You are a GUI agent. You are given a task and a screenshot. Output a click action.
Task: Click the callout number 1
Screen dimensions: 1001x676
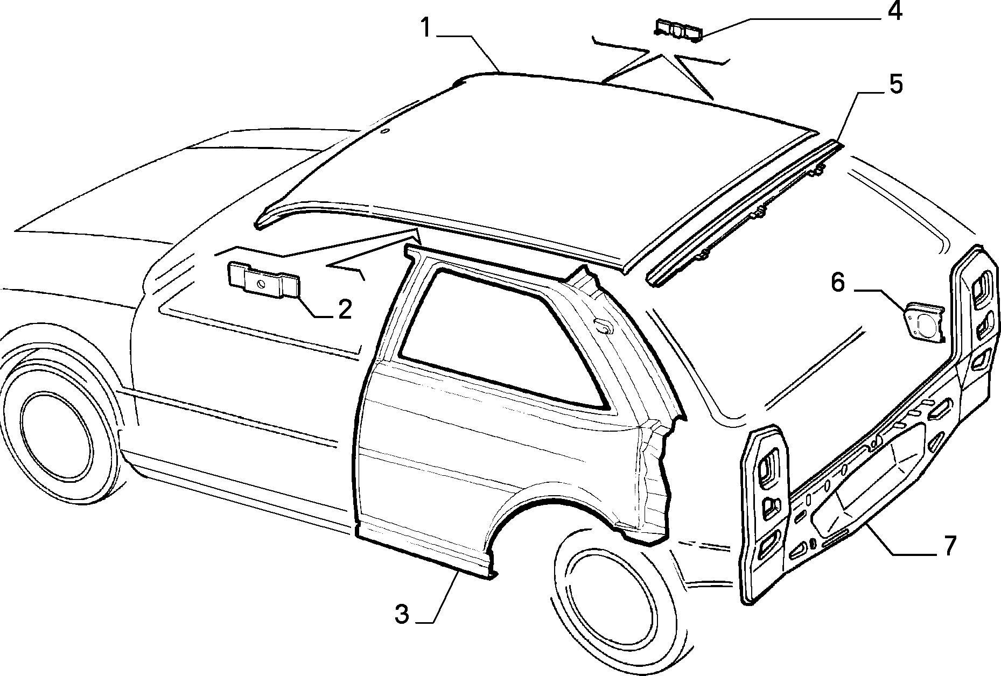point(426,28)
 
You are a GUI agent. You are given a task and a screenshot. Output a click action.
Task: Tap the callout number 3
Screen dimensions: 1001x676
point(402,614)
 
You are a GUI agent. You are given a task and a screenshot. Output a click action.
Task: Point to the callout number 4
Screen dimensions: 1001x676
point(894,11)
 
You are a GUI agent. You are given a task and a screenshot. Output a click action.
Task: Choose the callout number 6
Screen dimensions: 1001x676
point(838,282)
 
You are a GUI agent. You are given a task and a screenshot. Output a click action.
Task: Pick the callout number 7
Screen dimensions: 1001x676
point(949,546)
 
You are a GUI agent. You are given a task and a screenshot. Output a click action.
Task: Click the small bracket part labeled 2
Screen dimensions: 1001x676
point(263,279)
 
